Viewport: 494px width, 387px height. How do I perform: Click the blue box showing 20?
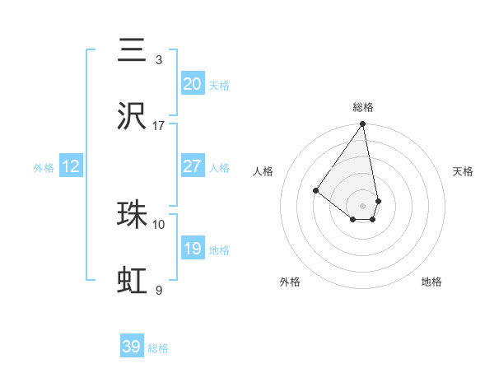[192, 84]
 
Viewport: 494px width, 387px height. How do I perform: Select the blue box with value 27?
[192, 166]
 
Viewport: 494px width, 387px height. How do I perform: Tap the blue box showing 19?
[192, 249]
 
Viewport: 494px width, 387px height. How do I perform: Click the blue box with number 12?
[71, 166]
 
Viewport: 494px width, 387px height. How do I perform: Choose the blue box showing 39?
[132, 347]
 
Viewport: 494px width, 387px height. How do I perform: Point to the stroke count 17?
[159, 126]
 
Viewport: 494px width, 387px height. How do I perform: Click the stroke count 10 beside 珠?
[159, 224]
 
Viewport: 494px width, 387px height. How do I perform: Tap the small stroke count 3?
[159, 60]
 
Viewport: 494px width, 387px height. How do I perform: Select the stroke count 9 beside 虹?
[159, 290]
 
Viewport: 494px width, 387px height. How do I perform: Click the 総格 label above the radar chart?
[363, 107]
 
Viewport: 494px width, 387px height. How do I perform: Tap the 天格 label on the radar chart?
[463, 171]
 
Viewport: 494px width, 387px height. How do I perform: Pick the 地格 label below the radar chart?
[431, 282]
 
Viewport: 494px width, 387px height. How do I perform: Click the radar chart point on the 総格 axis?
[363, 124]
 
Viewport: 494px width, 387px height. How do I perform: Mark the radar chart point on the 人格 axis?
[315, 190]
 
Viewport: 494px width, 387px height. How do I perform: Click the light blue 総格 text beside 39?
[158, 348]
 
